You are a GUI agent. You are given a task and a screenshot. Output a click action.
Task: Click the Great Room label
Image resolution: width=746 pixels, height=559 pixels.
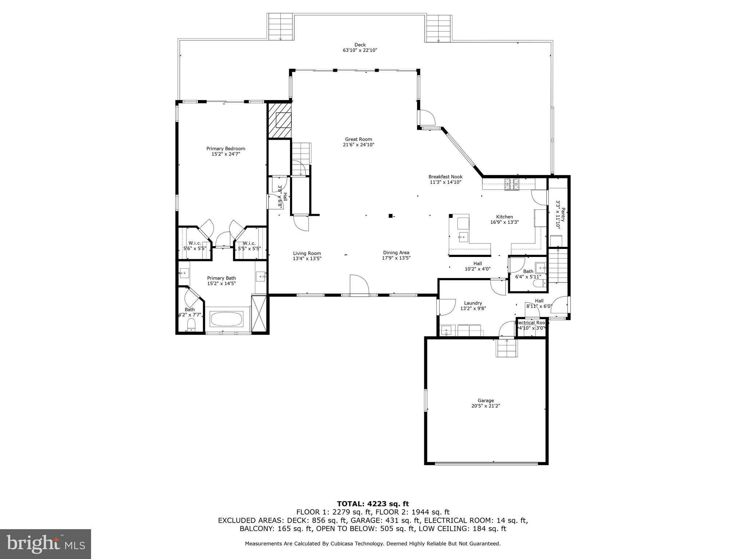click(x=358, y=139)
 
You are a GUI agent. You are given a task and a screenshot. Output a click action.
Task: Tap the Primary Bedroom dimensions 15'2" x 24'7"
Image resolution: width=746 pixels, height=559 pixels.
click(x=225, y=154)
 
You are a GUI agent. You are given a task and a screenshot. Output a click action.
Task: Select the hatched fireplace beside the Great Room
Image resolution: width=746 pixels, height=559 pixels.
click(x=280, y=120)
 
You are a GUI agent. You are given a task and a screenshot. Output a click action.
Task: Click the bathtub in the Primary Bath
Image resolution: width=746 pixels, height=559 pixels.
click(x=227, y=319)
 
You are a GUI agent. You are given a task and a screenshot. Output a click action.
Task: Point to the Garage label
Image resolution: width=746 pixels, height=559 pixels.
click(x=486, y=400)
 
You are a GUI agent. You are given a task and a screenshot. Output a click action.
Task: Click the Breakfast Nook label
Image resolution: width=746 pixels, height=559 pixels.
click(x=445, y=177)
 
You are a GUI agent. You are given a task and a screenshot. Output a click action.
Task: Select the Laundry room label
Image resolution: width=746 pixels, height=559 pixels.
click(x=473, y=303)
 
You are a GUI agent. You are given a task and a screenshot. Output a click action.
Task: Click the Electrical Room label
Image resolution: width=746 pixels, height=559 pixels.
click(x=531, y=322)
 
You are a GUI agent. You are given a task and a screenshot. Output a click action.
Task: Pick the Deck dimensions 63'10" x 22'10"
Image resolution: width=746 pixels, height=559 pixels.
click(x=360, y=51)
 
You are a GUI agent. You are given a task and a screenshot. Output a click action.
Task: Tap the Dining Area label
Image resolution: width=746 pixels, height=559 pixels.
click(x=396, y=253)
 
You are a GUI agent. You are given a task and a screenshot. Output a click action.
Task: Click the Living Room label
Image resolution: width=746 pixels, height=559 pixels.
click(x=307, y=253)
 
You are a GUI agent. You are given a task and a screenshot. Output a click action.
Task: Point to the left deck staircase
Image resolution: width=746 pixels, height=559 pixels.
click(x=280, y=27)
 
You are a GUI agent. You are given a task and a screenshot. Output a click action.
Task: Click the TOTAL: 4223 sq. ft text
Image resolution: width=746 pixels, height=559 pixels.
click(x=373, y=504)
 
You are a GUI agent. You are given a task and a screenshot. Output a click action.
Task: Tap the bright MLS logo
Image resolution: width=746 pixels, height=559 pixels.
click(x=45, y=544)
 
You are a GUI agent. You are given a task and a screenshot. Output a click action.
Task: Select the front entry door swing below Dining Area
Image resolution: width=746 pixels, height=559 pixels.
click(x=359, y=285)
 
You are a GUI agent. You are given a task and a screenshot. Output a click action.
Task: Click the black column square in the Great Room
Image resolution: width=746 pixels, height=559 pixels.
click(x=390, y=216)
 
